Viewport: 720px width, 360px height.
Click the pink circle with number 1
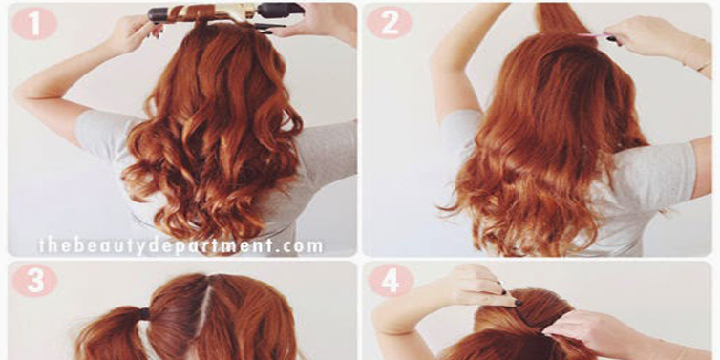[x=34, y=23]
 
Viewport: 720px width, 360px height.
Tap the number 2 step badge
[x=390, y=23]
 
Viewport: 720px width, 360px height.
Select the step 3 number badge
[x=34, y=281]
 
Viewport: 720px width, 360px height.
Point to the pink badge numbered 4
[x=391, y=281]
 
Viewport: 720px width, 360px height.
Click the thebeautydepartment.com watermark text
[x=180, y=245]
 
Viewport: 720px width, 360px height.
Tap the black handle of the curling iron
[x=280, y=10]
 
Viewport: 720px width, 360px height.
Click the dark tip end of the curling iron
[x=157, y=14]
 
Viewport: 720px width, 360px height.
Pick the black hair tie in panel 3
[x=144, y=314]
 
